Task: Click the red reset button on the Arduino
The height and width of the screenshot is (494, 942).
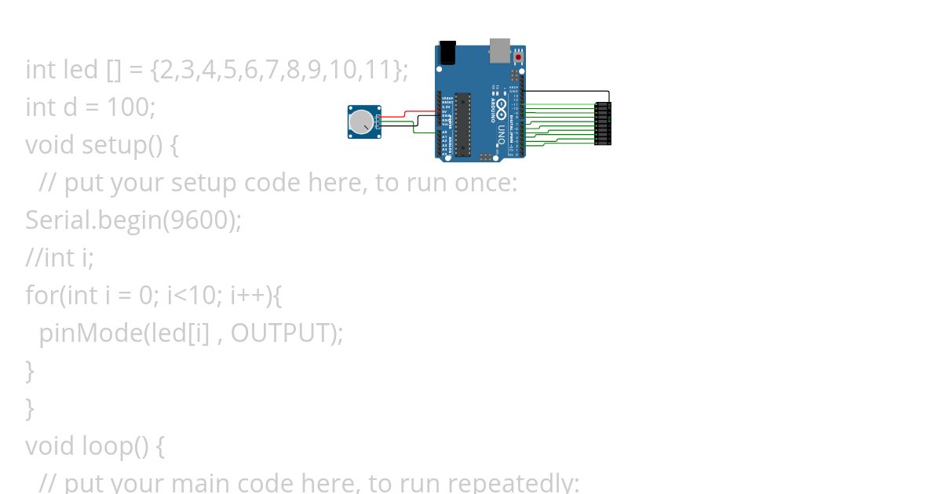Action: tap(518, 57)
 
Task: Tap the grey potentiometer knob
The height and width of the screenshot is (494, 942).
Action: tap(360, 122)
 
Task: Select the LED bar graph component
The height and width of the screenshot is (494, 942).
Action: tap(603, 123)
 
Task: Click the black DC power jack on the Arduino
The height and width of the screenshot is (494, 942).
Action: tap(447, 52)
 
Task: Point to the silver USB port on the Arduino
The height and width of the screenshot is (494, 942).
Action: tap(499, 49)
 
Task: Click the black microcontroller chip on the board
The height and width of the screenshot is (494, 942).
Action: tap(462, 123)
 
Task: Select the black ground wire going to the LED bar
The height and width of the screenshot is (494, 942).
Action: tap(565, 91)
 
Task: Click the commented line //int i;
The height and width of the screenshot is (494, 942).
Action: tap(60, 257)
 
